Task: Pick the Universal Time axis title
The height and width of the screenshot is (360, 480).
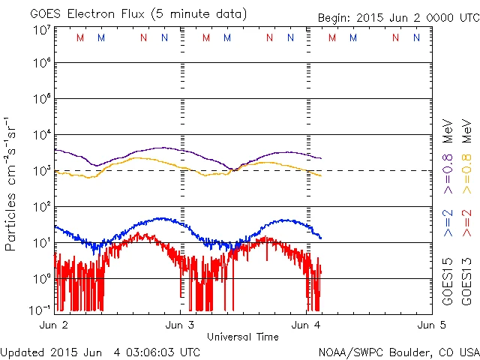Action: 242,337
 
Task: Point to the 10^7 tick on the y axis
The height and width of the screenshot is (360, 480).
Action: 41,29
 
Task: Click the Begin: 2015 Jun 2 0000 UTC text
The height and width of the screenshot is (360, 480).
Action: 397,16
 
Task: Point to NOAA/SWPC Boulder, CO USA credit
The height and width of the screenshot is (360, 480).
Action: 398,352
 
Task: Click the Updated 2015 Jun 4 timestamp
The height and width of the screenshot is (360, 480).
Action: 100,352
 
